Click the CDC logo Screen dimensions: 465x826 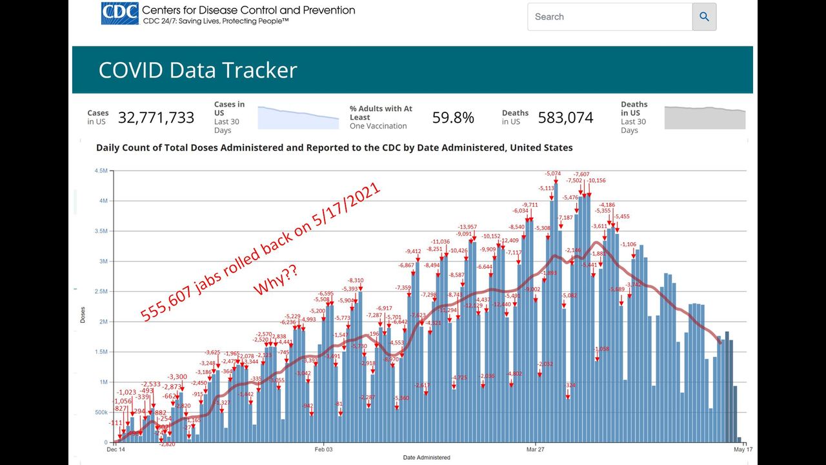pos(119,14)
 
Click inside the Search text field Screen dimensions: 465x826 pos(609,17)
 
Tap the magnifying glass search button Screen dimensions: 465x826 pos(704,17)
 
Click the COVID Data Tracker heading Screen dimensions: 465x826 pos(197,70)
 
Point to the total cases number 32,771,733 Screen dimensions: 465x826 pos(156,118)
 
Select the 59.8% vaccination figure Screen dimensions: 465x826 pos(453,118)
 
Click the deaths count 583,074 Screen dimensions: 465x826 pos(565,118)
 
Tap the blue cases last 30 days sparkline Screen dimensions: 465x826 pos(298,118)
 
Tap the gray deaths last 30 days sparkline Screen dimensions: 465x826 pos(705,118)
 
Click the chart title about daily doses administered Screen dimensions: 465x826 pos(334,147)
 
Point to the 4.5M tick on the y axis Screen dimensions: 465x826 pos(101,171)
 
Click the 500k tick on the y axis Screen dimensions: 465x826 pos(101,412)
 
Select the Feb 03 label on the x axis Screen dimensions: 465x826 pos(323,449)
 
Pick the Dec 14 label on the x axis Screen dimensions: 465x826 pos(116,449)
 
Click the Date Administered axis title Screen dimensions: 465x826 pos(427,457)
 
